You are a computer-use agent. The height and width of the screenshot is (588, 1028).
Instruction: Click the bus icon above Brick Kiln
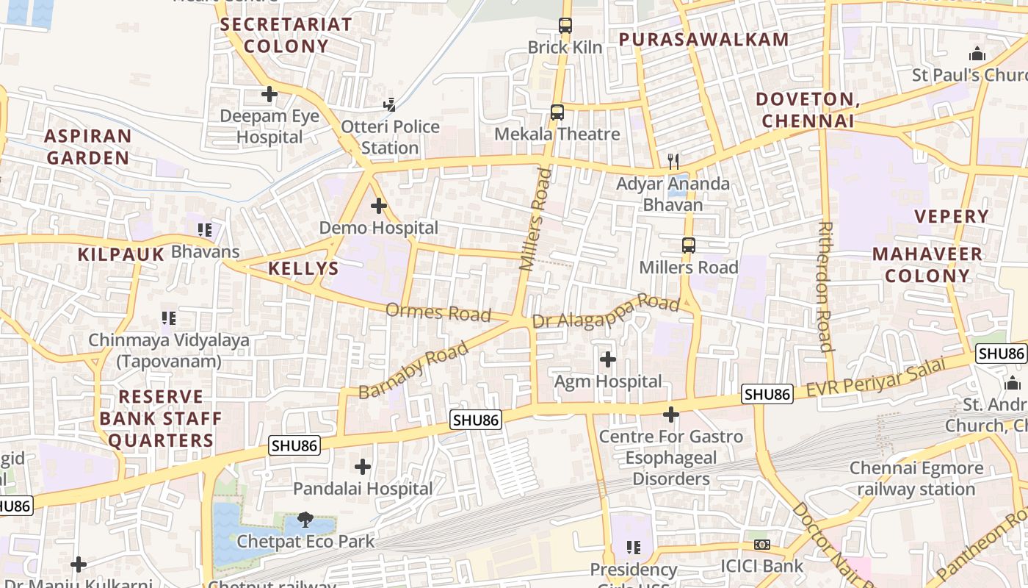[x=565, y=26]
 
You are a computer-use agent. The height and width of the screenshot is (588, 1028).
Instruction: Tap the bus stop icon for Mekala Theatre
[x=557, y=112]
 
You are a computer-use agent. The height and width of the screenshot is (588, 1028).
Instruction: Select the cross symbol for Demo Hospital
[x=378, y=207]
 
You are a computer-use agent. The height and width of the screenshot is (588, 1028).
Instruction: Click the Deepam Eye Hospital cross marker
[x=269, y=94]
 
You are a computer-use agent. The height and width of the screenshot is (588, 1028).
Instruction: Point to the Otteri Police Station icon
[x=390, y=105]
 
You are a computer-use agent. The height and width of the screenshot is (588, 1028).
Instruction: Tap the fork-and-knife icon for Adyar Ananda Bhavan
[x=673, y=161]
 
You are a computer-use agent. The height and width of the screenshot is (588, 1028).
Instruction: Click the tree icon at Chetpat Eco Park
[x=305, y=520]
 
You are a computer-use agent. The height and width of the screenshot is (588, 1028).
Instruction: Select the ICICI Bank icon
[x=762, y=545]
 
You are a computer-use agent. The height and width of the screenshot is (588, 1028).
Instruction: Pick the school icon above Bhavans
[x=205, y=230]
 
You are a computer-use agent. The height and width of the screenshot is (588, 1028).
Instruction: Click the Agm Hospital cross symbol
[x=608, y=359]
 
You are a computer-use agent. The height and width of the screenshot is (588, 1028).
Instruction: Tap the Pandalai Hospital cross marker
[x=363, y=467]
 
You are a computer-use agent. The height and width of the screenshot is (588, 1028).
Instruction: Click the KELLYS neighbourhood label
[x=303, y=268]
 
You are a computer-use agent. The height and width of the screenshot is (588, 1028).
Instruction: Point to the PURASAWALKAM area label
[x=703, y=40]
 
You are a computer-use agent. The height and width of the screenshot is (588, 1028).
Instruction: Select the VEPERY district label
[x=952, y=216]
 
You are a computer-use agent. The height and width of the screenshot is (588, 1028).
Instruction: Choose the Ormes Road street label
[x=438, y=313]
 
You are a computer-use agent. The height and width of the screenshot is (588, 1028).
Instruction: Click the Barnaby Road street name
[x=413, y=370]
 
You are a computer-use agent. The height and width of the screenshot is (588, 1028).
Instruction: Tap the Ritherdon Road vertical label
[x=825, y=287]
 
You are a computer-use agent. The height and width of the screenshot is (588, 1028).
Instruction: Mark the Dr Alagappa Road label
[x=606, y=312]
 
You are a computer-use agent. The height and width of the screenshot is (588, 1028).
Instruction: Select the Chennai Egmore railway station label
[x=916, y=478]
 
